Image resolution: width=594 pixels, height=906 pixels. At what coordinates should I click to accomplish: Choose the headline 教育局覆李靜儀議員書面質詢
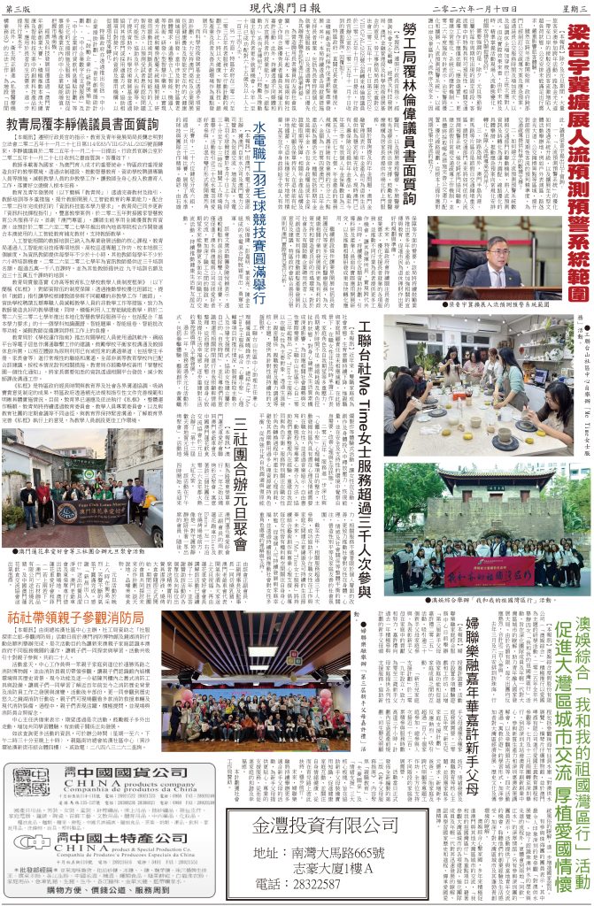(x=82, y=125)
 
